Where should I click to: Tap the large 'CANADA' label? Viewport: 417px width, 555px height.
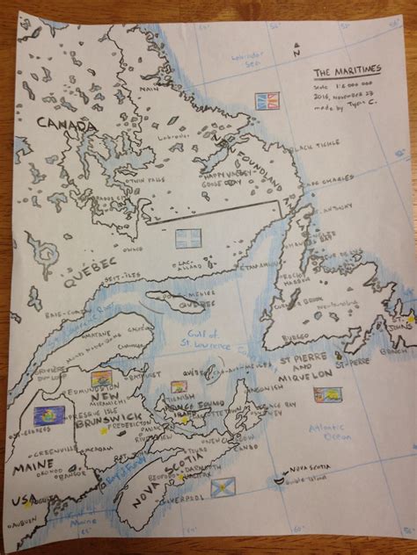(65, 126)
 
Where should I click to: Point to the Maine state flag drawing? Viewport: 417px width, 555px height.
(43, 413)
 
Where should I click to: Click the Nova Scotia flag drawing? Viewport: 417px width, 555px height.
(223, 485)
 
